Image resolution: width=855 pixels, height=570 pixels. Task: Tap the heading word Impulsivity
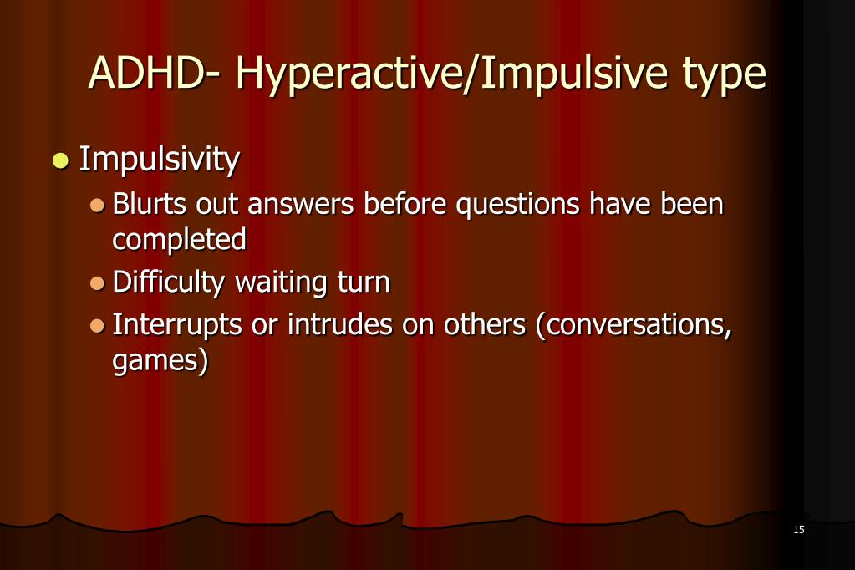tap(160, 159)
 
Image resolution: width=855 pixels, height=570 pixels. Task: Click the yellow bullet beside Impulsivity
tap(59, 160)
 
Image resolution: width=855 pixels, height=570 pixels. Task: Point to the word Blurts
tap(150, 204)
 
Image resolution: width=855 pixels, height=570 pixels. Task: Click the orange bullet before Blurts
tap(98, 205)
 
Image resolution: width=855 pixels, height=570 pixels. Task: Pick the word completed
tap(179, 240)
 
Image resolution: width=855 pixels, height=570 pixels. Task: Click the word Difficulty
tap(169, 282)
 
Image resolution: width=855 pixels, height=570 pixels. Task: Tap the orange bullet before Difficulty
tap(98, 283)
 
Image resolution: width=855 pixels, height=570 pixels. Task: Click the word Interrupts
tap(177, 325)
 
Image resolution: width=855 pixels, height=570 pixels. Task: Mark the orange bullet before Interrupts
tap(98, 325)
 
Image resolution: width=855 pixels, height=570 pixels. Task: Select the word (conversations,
tap(634, 325)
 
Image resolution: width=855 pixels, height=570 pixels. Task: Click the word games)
tap(160, 362)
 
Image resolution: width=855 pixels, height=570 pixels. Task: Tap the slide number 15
tap(798, 530)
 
